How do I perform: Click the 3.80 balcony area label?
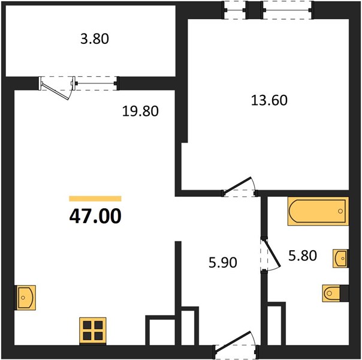coord(95,39)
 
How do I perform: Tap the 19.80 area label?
coord(140,111)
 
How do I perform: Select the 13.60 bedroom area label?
coord(269,101)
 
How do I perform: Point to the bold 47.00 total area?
coord(95,216)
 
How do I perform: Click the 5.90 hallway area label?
coord(223,263)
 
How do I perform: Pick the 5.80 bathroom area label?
coord(303,256)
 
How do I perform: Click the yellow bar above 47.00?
coord(95,199)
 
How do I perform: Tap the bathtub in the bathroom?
coord(318,211)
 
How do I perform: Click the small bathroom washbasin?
coord(340,259)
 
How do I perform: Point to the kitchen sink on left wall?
coord(25,298)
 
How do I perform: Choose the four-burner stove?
coord(92,331)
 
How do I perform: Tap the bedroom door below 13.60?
coord(238,185)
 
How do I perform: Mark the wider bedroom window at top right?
coord(287,10)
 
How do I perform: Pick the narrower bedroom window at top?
coord(235,10)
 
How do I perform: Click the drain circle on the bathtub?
coord(340,211)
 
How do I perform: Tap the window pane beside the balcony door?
coord(96,83)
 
